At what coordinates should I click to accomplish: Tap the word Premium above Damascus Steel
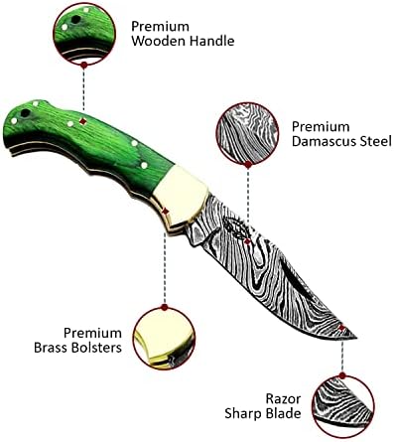(319, 126)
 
